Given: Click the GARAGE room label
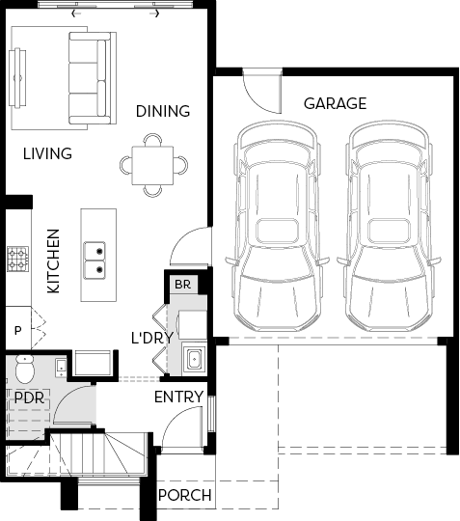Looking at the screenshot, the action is [336, 103].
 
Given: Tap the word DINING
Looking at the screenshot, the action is [163, 111].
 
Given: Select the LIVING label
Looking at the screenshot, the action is [47, 153].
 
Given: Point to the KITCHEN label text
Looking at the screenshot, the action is [53, 261].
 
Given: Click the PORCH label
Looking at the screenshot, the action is [185, 495].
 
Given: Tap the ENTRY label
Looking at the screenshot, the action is [179, 398].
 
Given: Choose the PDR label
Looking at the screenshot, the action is [29, 398].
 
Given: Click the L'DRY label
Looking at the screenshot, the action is [152, 338].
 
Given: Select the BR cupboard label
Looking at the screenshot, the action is [182, 285].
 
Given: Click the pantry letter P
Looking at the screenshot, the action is [18, 331].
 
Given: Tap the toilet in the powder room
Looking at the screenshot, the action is [25, 369].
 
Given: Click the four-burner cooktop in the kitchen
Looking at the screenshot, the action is [17, 260].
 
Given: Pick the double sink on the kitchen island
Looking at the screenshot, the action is [95, 260].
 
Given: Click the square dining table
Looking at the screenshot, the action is [152, 165].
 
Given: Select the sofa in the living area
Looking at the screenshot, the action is [93, 78].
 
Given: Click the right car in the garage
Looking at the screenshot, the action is [389, 226].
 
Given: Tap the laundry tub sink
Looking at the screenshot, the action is [194, 360].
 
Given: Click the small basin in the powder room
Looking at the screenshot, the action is [61, 368].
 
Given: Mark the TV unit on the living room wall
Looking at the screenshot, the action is [17, 78].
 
